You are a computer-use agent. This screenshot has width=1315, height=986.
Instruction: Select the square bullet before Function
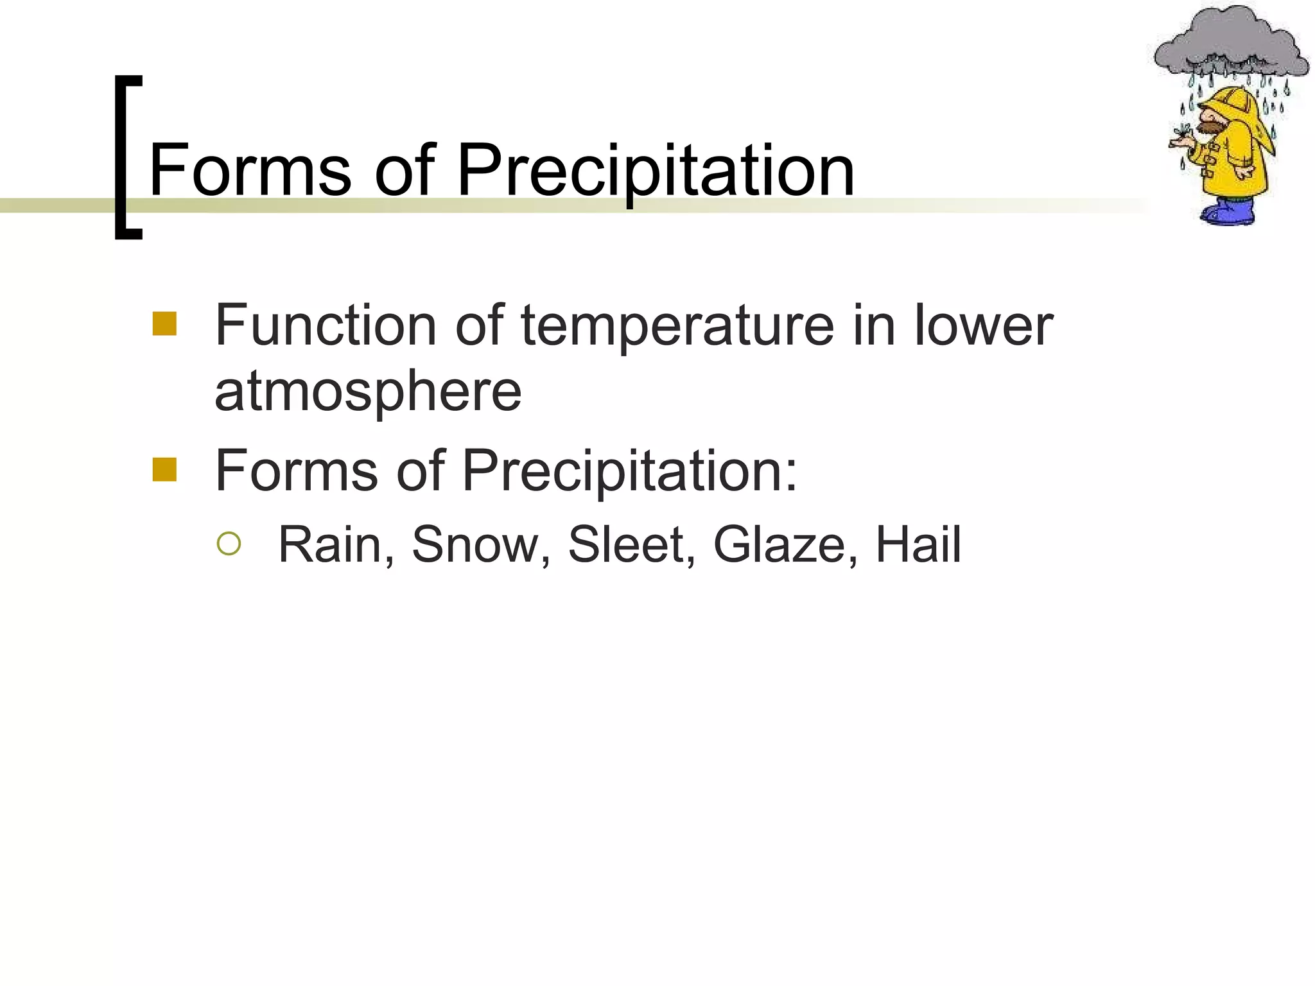point(164,324)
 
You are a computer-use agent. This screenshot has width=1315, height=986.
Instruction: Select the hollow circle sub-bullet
point(229,544)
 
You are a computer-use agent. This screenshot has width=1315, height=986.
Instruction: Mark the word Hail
point(918,544)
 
